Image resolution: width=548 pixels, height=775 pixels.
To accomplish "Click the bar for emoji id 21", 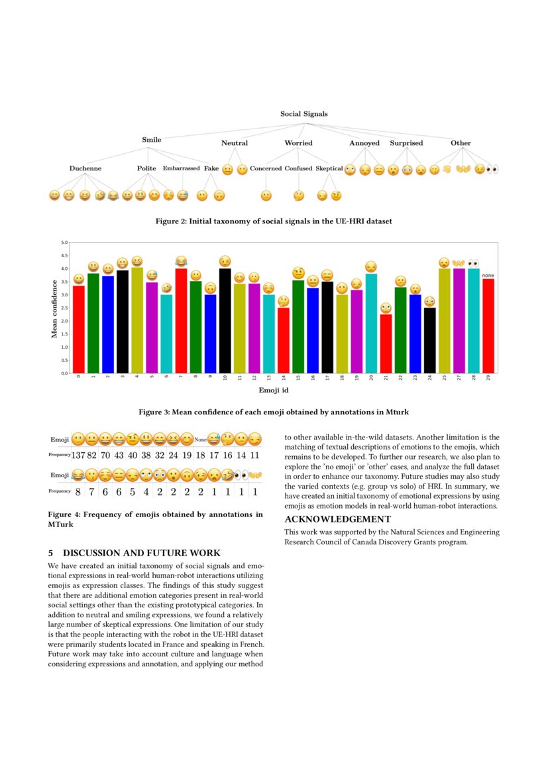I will point(386,343).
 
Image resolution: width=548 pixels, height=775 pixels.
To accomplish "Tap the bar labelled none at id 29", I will point(488,326).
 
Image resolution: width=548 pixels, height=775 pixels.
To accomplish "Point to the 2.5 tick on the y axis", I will point(64,308).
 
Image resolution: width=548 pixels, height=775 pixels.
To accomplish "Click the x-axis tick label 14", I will point(284,379).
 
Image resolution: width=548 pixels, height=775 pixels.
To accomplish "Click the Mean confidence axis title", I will point(54,308).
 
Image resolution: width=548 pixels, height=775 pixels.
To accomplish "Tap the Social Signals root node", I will point(303,114).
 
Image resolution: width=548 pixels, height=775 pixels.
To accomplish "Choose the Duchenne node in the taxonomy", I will point(85,168).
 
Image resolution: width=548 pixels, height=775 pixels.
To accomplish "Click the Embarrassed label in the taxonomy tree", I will point(181,168).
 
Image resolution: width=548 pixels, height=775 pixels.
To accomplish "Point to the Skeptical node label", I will point(329,168).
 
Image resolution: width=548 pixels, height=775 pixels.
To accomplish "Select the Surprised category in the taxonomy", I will point(406,143).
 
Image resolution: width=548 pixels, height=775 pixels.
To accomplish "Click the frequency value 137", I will point(79,455).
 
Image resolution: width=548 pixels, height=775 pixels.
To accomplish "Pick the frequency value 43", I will point(119,455).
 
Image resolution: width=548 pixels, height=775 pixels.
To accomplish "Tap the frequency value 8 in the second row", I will point(78,491).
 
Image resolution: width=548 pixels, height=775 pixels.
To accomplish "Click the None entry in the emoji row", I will point(199,439).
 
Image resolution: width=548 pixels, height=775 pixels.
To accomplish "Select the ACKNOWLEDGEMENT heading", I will point(337,519).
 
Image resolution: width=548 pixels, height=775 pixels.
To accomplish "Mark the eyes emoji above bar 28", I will point(473,263).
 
